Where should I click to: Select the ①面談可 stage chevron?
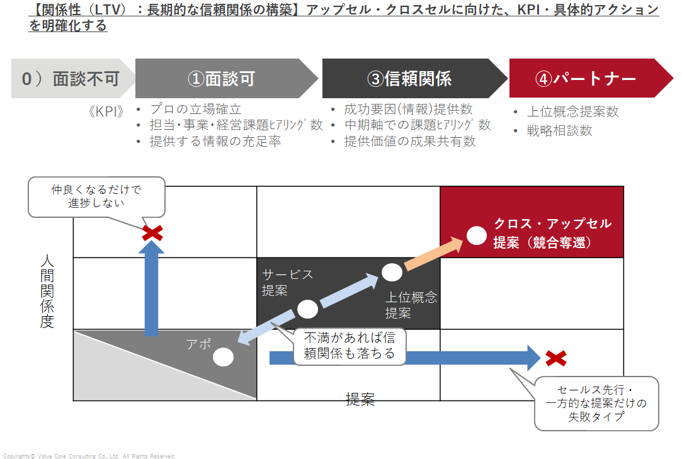222,79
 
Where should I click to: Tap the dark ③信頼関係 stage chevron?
409,79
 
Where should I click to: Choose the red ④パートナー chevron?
586,79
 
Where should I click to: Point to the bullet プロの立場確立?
195,109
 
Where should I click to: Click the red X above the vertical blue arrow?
152,233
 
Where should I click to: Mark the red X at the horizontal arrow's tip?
555,358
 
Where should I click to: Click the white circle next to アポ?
224,357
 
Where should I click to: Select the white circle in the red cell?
477,235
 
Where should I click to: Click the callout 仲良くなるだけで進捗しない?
96,196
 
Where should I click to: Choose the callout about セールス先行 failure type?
596,404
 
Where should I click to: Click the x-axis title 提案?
360,400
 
